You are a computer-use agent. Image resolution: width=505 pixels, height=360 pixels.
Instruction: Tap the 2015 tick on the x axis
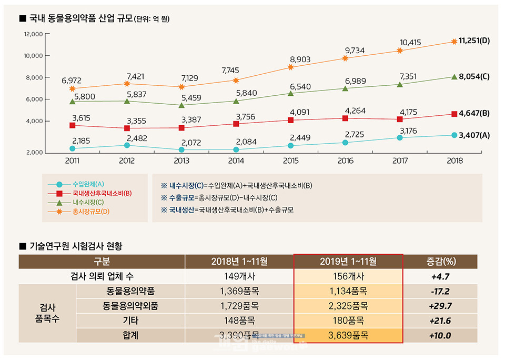290,161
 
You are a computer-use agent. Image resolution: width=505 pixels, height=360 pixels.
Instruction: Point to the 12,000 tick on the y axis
33,34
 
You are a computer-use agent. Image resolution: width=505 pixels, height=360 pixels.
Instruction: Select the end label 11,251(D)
474,41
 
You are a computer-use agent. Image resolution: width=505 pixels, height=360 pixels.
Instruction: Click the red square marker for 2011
72,126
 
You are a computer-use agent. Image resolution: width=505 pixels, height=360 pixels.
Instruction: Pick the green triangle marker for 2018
454,77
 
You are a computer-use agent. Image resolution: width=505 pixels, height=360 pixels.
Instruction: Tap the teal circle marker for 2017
400,137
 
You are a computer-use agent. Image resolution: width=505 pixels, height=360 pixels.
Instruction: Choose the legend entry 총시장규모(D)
90,212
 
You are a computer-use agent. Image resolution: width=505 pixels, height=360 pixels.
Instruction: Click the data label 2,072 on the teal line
191,142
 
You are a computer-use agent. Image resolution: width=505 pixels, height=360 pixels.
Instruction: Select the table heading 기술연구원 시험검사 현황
76,246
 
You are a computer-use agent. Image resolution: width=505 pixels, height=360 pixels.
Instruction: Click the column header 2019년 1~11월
348,262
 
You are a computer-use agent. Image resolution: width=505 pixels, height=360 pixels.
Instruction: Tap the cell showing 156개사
348,276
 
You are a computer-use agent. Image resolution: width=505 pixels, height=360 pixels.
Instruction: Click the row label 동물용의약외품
131,306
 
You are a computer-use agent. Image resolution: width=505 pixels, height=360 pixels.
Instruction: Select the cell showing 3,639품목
348,335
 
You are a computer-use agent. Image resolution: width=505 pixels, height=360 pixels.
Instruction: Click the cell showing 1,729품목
239,306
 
